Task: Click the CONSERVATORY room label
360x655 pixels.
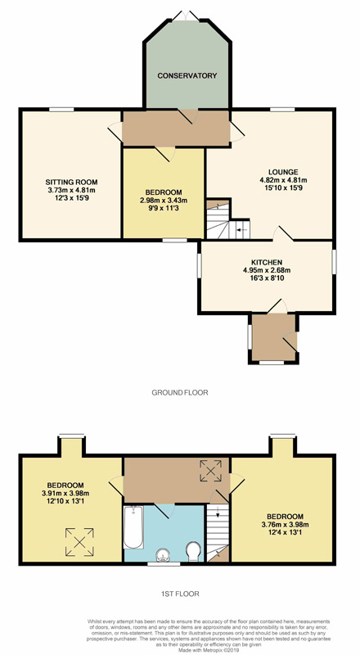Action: click(x=187, y=76)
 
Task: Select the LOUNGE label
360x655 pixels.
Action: click(x=270, y=172)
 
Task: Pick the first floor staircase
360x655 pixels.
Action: click(x=217, y=531)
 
